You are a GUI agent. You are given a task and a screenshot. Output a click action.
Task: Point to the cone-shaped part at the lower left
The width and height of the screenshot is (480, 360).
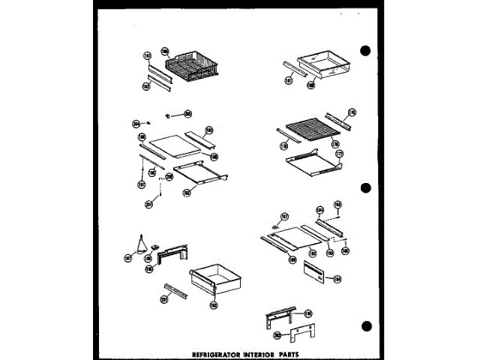pos(139,242)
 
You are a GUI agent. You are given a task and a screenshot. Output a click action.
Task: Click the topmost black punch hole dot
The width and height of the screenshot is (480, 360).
pos(366,50)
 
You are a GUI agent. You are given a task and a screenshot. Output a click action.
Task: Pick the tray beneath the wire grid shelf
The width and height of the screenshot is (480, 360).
pos(307,164)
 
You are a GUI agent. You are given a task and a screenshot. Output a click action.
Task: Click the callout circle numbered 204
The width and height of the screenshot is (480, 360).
pos(136,123)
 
